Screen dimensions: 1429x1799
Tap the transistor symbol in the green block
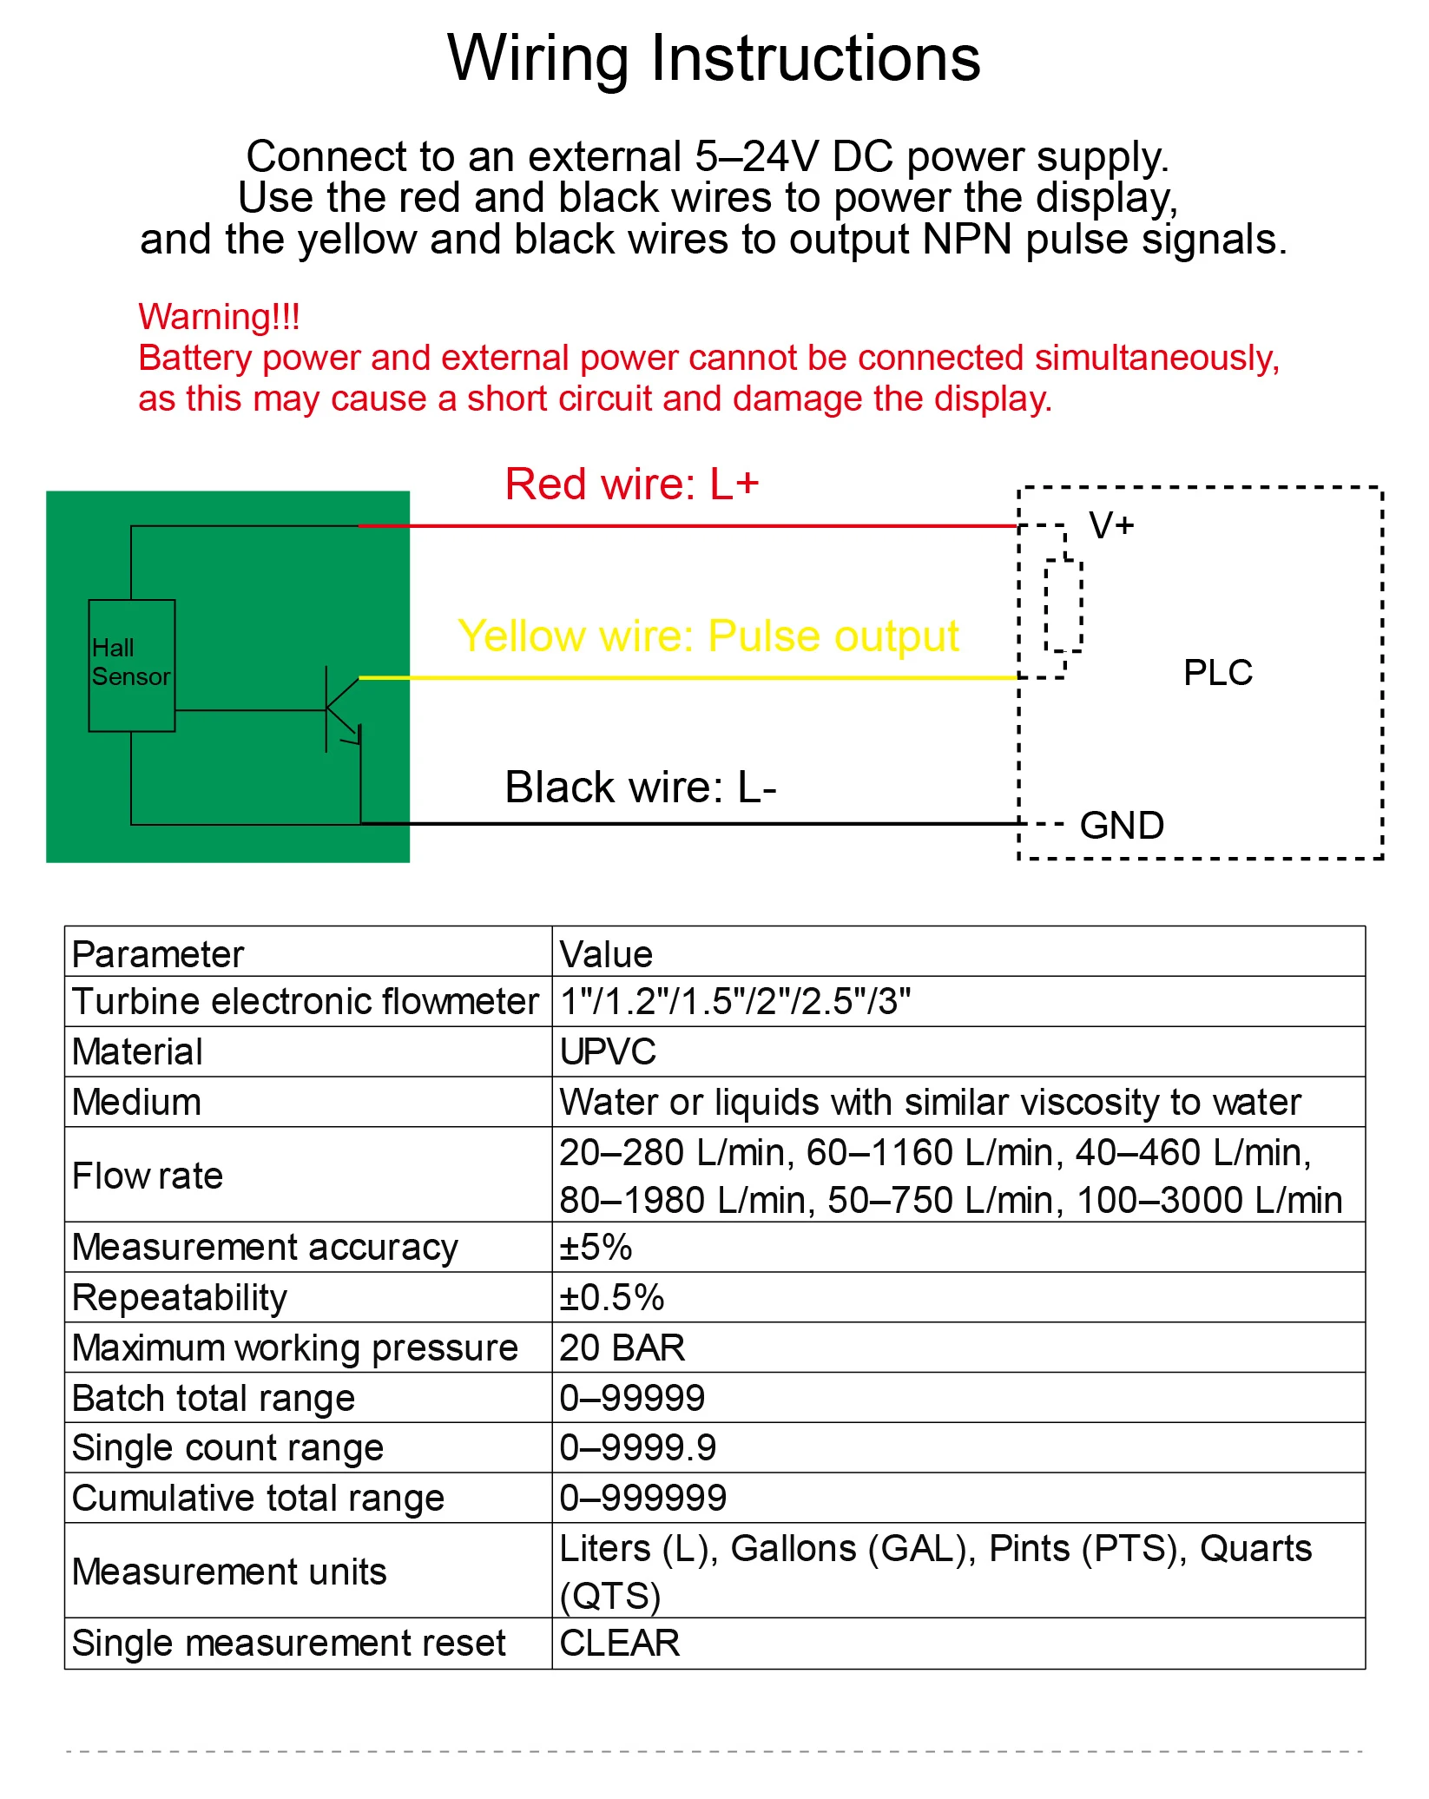pos(342,709)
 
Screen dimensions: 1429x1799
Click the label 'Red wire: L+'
pos(632,484)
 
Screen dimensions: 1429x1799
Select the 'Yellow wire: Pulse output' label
pos(708,636)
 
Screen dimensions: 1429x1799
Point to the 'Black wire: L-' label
pos(641,787)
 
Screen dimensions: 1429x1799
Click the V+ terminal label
pos(1111,525)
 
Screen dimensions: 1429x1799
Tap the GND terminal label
pos(1122,825)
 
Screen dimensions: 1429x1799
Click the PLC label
pos(1218,672)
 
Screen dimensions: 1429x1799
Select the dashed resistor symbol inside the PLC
pos(1064,606)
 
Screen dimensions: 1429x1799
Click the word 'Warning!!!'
pos(220,317)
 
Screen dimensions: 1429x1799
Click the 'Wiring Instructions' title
pos(714,58)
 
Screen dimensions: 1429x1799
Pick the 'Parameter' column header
pos(158,954)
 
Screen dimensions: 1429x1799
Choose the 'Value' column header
pos(606,954)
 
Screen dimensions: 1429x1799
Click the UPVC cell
pos(608,1051)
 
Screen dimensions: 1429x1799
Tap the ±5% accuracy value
pos(596,1247)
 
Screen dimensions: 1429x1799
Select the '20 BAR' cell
pos(622,1348)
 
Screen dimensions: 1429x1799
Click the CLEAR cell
pos(620,1643)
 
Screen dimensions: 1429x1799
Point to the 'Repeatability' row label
pos(180,1297)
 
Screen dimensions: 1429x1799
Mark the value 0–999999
pos(643,1498)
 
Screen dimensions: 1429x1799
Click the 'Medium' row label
pos(136,1102)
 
